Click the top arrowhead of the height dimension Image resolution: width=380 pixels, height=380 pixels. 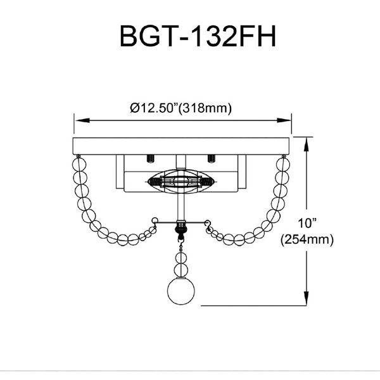[308, 141]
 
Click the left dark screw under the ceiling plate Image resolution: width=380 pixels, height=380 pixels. [151, 158]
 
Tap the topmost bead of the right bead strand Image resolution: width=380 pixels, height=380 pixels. [281, 163]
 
